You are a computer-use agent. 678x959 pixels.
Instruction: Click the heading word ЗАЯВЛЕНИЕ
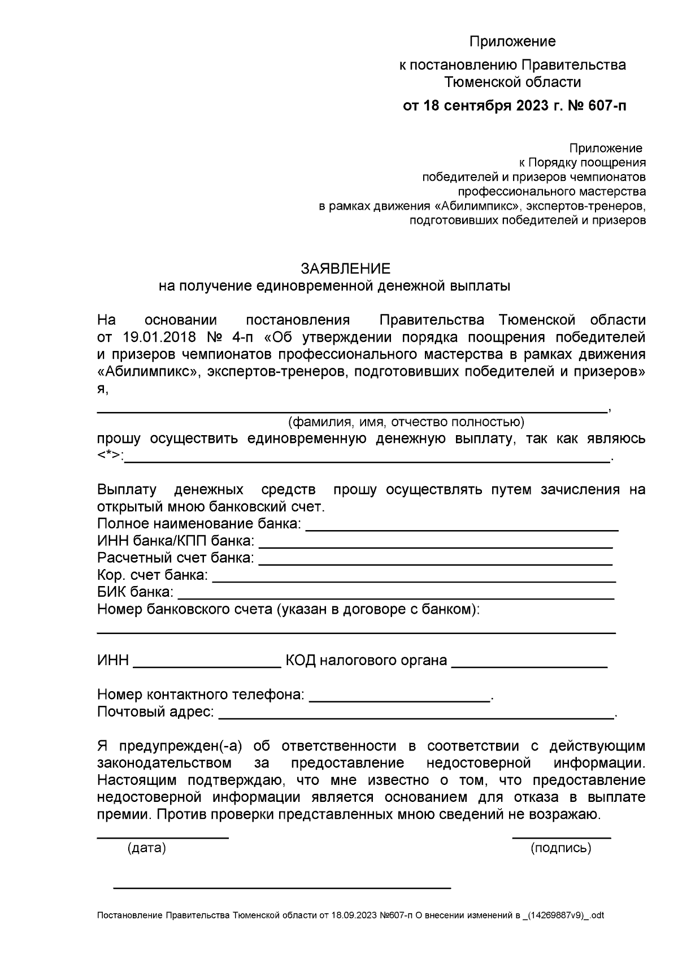(345, 268)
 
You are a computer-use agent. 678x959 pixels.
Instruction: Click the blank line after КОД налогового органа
(529, 667)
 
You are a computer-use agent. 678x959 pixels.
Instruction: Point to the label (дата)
(147, 848)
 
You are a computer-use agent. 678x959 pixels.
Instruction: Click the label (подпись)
(560, 848)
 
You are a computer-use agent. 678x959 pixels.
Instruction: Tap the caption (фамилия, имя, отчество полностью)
(406, 422)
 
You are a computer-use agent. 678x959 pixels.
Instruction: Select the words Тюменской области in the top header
(512, 83)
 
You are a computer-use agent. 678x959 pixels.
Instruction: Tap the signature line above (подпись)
(561, 837)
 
